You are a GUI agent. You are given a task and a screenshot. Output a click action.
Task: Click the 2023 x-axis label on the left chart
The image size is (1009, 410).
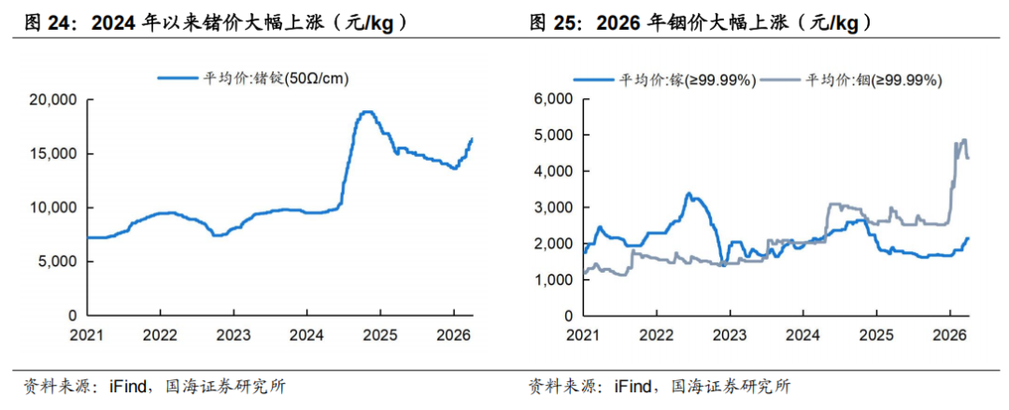pos(234,333)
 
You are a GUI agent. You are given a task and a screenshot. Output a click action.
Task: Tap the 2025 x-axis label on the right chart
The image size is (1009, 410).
pos(875,333)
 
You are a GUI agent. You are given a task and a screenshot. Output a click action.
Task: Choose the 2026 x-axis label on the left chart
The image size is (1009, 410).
pos(452,333)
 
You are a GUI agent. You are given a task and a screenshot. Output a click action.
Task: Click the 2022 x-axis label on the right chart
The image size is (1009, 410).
pos(656,333)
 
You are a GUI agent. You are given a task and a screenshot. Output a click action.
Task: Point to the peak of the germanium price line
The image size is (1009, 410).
pos(367,112)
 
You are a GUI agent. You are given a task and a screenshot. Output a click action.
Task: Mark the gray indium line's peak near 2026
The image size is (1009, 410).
pos(963,140)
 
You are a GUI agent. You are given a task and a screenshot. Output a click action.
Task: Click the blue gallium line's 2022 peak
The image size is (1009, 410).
pos(689,193)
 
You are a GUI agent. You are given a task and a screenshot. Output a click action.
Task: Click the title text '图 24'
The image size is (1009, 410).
pos(44,23)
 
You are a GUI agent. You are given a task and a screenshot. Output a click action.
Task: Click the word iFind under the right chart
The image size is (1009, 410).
pos(633,385)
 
